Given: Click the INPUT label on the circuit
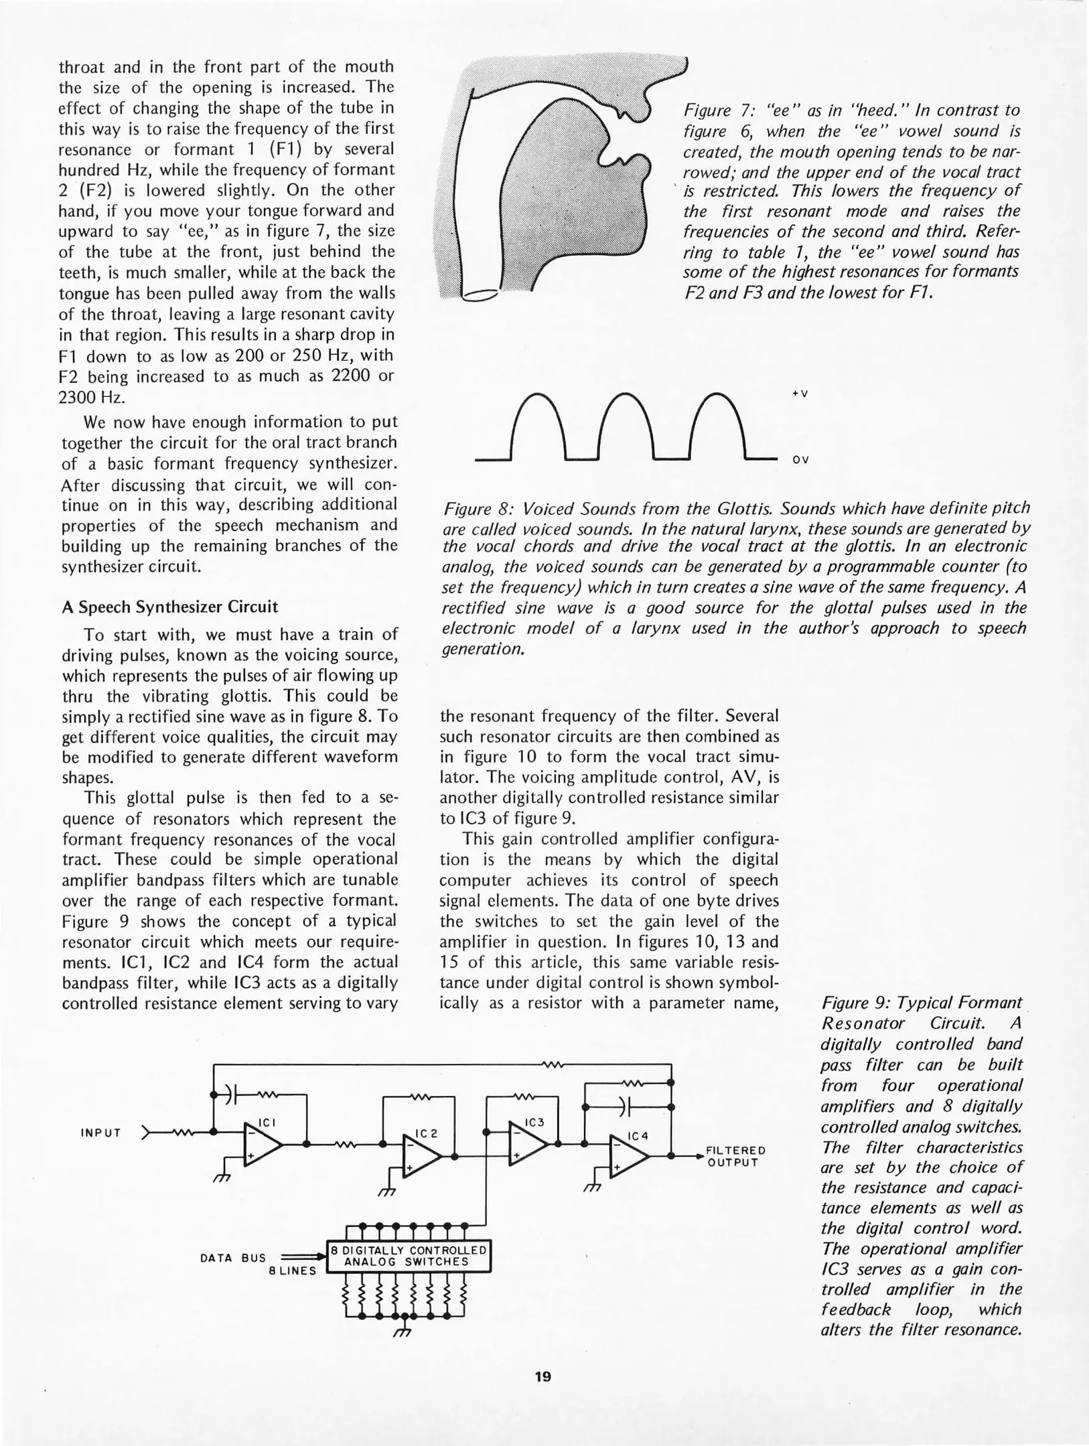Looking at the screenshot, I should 100,1133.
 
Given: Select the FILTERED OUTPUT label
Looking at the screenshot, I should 735,1156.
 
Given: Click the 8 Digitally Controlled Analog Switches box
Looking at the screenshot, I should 409,1256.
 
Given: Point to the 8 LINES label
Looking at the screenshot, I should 292,1271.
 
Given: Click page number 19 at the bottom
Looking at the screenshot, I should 543,1376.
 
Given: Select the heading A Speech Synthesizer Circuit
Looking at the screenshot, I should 169,607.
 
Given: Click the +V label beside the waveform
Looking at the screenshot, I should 800,394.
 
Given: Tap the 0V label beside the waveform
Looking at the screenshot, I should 800,460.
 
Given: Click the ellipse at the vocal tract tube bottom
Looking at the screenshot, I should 480,295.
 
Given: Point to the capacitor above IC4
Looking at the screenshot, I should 624,1106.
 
